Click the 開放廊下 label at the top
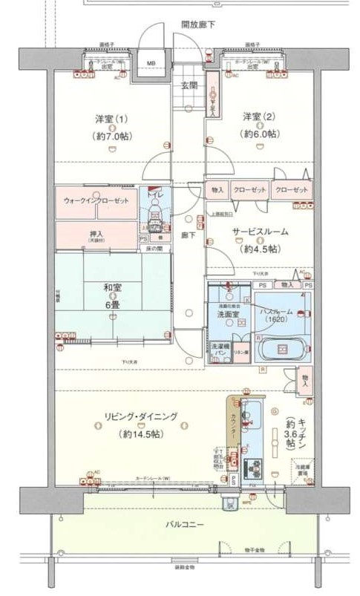click(198, 24)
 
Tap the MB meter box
click(151, 63)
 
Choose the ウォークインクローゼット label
click(96, 201)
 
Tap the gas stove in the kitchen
click(255, 467)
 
